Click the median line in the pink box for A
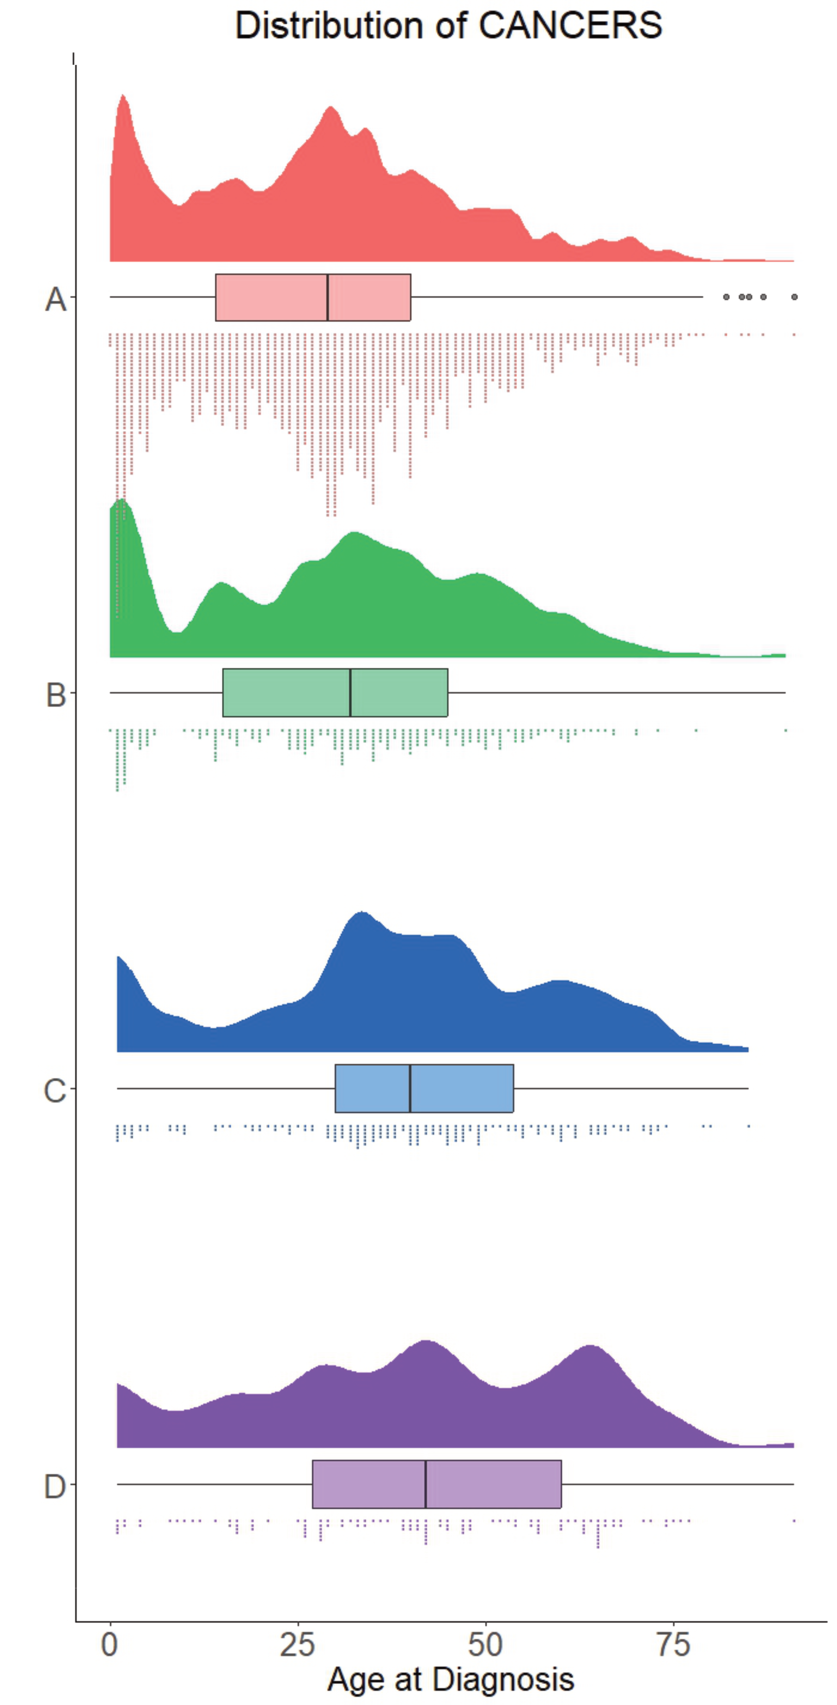point(327,297)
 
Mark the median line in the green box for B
point(350,692)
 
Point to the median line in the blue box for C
point(410,1088)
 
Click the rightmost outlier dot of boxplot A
point(794,297)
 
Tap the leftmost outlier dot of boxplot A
point(726,297)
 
